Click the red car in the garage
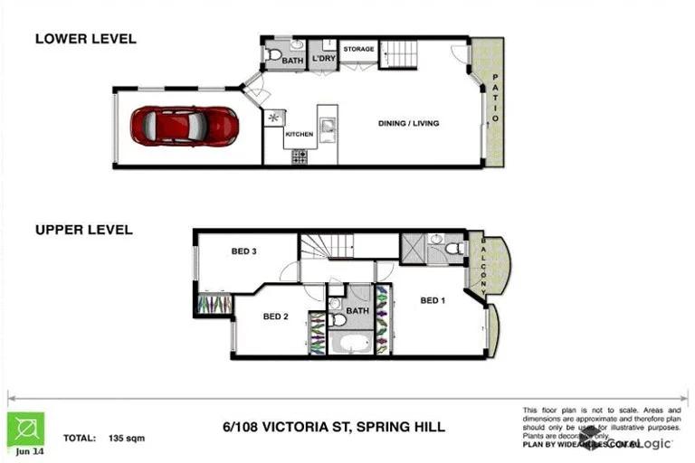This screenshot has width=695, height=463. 184,126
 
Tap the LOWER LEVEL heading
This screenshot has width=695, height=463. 85,39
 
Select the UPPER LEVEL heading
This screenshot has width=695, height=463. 83,230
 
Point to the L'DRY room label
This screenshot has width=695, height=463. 322,61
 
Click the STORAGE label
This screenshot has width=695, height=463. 358,49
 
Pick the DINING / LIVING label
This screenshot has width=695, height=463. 408,123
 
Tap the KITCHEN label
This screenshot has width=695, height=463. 299,134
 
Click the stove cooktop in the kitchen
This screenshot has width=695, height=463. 300,156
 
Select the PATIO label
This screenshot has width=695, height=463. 495,102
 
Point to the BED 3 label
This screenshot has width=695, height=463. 242,251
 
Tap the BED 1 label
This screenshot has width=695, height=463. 432,300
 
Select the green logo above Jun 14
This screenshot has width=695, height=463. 25,428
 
